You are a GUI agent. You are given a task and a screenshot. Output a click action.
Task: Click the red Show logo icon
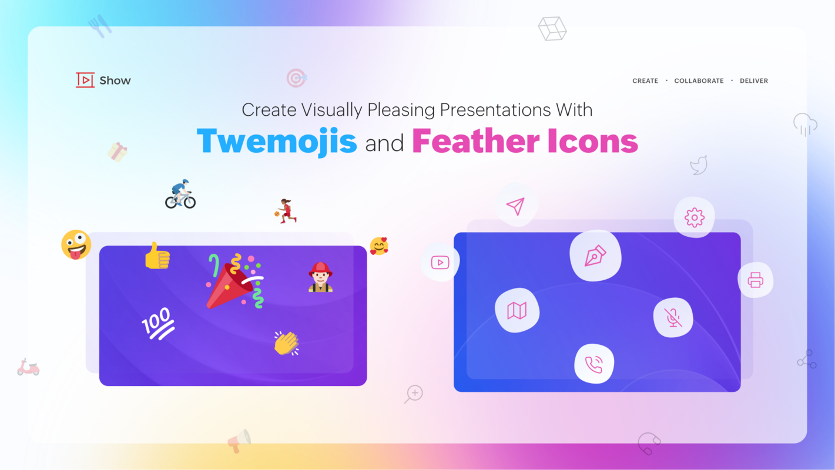85,80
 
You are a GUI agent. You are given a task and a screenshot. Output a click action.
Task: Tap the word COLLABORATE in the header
699,81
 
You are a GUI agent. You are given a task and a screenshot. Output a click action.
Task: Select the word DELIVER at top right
754,81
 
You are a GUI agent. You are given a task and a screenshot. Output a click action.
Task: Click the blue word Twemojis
277,141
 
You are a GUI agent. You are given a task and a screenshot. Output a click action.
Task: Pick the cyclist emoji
180,194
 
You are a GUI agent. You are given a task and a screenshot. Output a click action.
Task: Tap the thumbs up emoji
157,256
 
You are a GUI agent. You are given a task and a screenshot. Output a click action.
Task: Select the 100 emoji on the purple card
157,323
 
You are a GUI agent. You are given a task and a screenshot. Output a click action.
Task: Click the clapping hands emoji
286,343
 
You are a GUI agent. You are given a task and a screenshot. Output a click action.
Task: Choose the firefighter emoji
320,277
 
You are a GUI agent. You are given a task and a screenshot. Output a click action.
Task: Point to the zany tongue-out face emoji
76,244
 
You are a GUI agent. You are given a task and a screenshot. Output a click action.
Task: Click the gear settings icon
694,217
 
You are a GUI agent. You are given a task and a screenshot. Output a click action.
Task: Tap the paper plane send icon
515,206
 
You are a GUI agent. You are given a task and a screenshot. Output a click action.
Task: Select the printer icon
755,280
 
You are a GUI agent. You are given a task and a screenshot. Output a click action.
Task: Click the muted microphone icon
673,318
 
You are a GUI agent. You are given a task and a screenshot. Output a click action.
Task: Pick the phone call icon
594,364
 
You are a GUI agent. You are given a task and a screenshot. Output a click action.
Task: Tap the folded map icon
517,310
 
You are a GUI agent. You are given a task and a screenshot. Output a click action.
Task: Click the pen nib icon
595,256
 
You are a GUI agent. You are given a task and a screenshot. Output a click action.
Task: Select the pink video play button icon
440,263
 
